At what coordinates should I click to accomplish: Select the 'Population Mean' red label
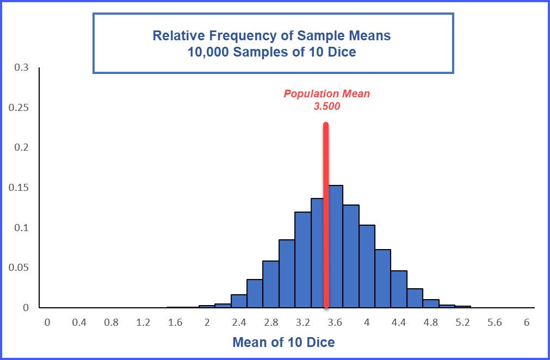pos(326,94)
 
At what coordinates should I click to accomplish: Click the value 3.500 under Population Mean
pos(326,107)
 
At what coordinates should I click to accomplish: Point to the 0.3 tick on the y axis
pos(22,67)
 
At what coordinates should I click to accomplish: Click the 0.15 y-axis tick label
pos(19,188)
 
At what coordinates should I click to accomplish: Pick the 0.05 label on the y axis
pos(19,268)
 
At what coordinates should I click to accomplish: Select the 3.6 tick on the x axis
pos(335,322)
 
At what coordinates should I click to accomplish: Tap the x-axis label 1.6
pos(175,322)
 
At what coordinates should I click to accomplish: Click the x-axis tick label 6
pos(527,322)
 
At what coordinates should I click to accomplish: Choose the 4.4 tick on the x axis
pos(399,322)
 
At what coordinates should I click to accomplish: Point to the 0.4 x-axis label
pos(79,322)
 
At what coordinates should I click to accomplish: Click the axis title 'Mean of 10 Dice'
pos(283,342)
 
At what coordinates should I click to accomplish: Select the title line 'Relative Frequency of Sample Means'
pos(271,36)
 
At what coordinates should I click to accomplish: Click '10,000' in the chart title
pos(207,52)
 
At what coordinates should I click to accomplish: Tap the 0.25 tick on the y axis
pos(19,108)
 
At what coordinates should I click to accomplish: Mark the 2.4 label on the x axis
pos(239,322)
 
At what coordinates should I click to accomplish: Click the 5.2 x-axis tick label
pos(463,322)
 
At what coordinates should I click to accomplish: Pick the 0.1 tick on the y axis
pos(22,227)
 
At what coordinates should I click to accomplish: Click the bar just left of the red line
pos(318,253)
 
